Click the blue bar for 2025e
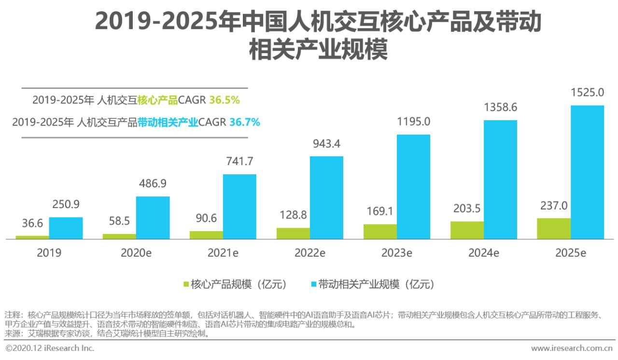click(587, 172)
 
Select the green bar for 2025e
click(554, 228)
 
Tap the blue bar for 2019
click(66, 228)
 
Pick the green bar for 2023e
click(380, 231)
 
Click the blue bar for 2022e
click(326, 197)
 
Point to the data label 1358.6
click(500, 107)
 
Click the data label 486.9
click(153, 183)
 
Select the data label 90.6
click(206, 218)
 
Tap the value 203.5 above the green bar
click(467, 208)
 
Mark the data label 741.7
click(239, 161)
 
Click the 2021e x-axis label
click(223, 253)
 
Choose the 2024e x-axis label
click(483, 253)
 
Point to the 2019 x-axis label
click(49, 253)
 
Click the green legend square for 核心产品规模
click(185, 284)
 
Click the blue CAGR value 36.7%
click(244, 123)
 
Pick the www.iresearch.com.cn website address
click(572, 348)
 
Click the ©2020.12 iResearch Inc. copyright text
click(50, 348)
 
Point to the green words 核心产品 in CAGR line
click(157, 100)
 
